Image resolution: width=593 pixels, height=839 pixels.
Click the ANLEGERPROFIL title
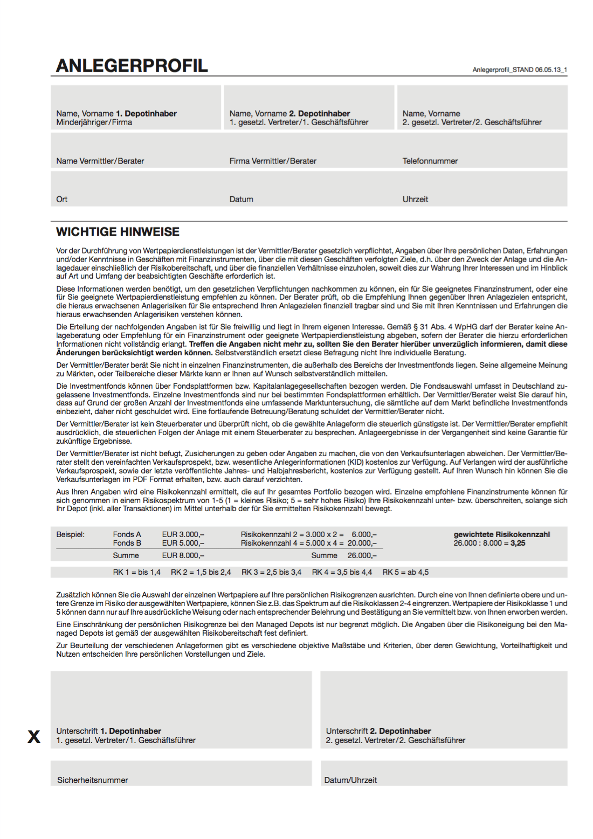click(x=132, y=66)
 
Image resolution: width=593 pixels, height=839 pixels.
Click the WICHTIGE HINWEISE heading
click(x=118, y=232)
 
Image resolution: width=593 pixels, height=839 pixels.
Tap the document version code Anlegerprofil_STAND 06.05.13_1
click(x=519, y=70)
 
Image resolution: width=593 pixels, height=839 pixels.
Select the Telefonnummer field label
click(x=430, y=161)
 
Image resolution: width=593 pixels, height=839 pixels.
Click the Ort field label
click(x=62, y=200)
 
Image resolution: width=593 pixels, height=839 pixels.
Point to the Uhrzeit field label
click(x=415, y=200)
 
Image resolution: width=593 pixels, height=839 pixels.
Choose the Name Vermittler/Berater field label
click(x=100, y=161)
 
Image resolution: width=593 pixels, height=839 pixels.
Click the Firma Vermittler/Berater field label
click(x=273, y=161)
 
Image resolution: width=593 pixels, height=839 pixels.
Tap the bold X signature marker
click(x=34, y=737)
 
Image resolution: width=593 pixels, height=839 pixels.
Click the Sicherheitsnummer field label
click(x=93, y=780)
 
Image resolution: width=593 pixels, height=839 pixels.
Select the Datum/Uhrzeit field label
click(x=350, y=780)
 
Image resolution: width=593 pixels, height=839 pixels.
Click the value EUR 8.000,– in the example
click(x=183, y=555)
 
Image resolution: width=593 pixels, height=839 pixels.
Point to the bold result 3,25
click(x=518, y=544)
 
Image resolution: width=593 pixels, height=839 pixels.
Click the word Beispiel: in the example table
click(x=71, y=534)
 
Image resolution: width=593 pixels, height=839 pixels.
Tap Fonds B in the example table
click(x=127, y=543)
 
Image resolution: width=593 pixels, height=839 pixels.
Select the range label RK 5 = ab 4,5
click(x=405, y=572)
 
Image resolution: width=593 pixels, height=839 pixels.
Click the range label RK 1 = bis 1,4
click(x=136, y=572)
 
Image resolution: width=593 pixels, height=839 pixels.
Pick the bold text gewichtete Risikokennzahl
click(x=501, y=534)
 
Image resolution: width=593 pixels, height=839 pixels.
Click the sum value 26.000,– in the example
click(x=362, y=555)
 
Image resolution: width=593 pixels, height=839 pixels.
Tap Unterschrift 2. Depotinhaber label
click(x=378, y=731)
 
